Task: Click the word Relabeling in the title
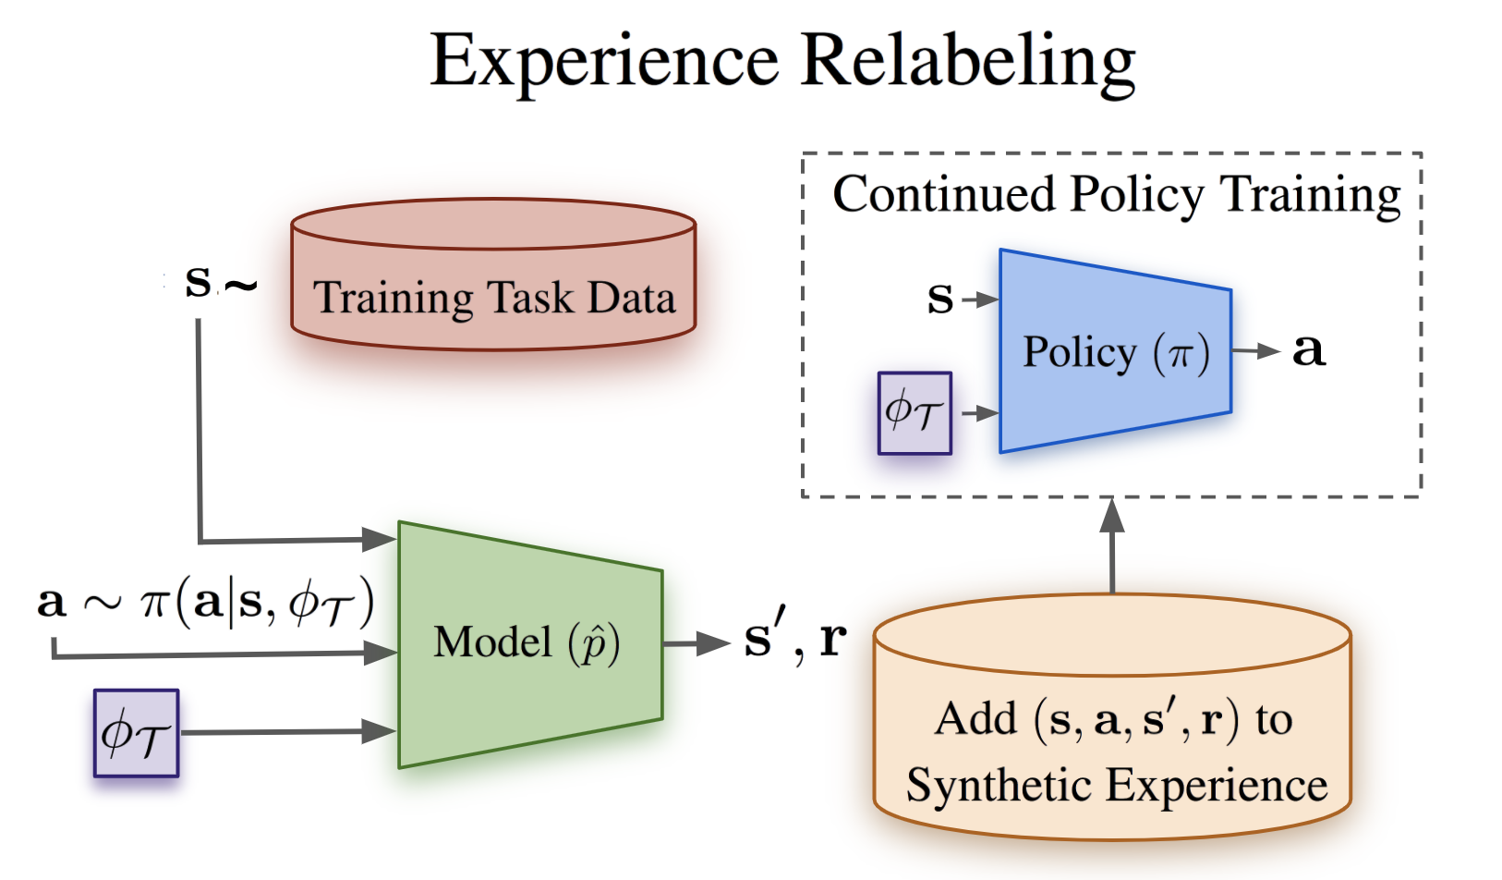pos(968,61)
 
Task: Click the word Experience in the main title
pos(605,61)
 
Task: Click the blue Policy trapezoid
pos(1115,352)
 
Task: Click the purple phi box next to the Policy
pos(915,413)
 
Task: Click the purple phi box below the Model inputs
pos(136,733)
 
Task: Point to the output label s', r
pos(794,639)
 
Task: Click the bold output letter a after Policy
pos(1309,350)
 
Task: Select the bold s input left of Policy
pos(940,299)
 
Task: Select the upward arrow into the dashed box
pos(1112,545)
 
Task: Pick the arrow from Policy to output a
pos(1255,351)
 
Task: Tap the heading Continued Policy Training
pos(1116,195)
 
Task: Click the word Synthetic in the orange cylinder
pos(999,786)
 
